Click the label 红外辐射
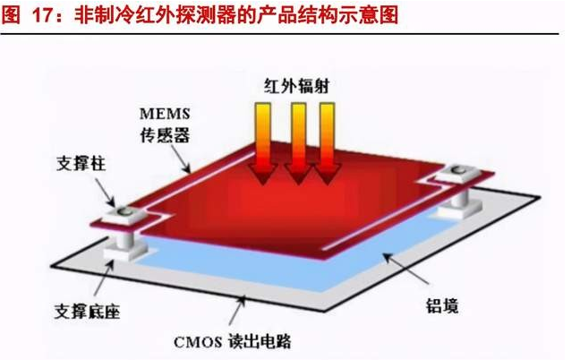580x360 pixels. click(x=294, y=88)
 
